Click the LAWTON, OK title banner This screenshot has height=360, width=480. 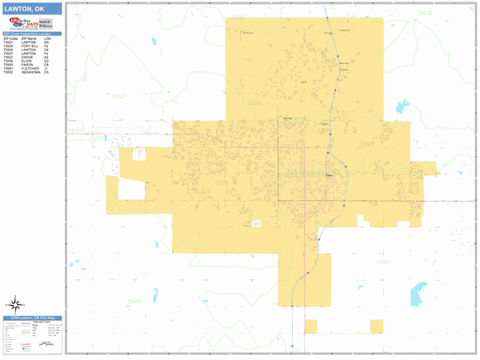tap(32, 9)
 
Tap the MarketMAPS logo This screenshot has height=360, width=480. tap(32, 24)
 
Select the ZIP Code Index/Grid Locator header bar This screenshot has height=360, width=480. tap(32, 34)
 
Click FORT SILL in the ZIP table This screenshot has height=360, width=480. tap(29, 46)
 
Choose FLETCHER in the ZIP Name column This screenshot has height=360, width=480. tap(30, 68)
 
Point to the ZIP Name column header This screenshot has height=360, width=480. tap(29, 38)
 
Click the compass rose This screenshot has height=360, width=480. tap(14, 304)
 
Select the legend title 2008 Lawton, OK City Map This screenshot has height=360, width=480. tap(32, 318)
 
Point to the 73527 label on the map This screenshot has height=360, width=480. tap(76, 130)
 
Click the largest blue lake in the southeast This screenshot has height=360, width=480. tap(418, 293)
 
